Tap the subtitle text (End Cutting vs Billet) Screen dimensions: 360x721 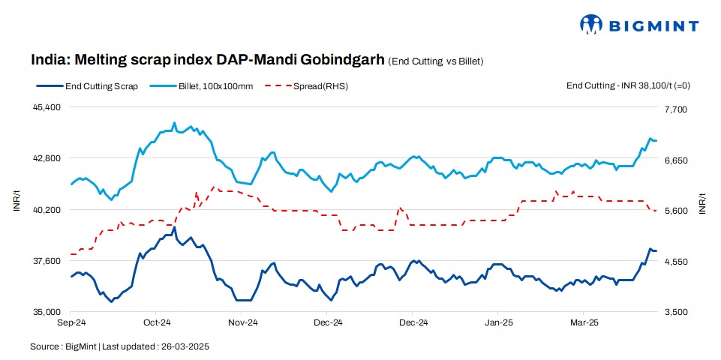(x=435, y=61)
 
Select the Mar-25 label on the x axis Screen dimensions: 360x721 (x=584, y=323)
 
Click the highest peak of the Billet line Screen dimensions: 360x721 (x=175, y=123)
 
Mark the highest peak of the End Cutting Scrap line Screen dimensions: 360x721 (x=175, y=227)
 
